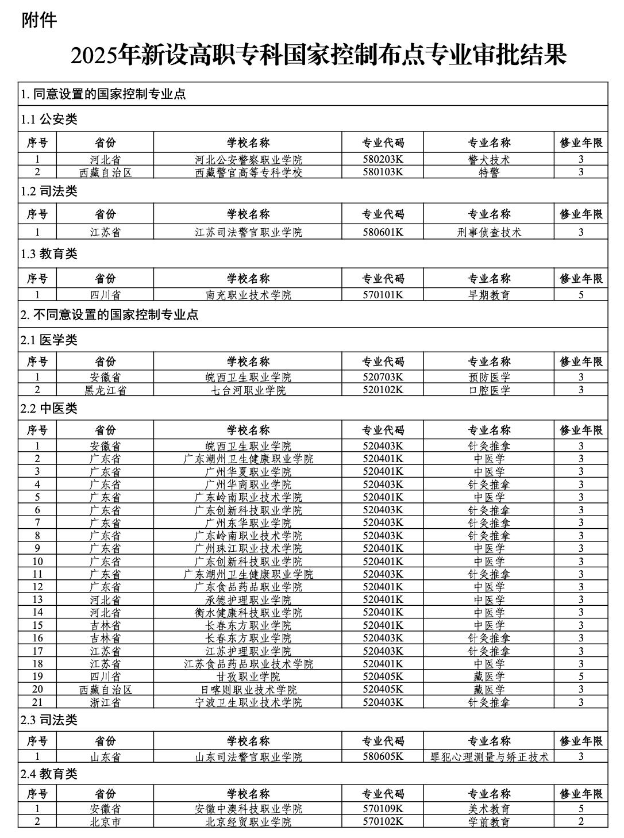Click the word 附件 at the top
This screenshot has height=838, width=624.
[x=40, y=21]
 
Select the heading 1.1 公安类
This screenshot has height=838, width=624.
[x=49, y=120]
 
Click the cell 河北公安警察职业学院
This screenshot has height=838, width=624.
[x=248, y=160]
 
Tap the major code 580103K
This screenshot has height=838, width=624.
[x=383, y=172]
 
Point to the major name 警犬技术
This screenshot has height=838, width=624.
[x=489, y=160]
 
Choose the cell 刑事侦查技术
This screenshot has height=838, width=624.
[x=489, y=232]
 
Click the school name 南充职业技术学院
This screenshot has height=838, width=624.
[x=248, y=295]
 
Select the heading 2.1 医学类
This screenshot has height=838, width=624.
[x=49, y=340]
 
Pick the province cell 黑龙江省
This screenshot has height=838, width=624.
[x=105, y=390]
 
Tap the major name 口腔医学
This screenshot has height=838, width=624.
[x=489, y=390]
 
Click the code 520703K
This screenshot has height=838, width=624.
[x=383, y=378]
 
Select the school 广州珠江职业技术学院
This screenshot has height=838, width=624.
[x=248, y=548]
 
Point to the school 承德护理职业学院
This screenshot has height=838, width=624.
[x=248, y=599]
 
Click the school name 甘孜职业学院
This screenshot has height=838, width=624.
[x=248, y=676]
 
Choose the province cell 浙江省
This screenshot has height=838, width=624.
[x=105, y=702]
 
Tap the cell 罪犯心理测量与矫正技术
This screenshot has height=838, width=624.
[x=489, y=757]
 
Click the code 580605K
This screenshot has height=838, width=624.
[x=383, y=757]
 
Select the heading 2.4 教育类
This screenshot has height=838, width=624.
[x=49, y=774]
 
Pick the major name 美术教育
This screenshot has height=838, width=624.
[x=489, y=809]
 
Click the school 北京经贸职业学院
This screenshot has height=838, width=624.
[x=248, y=822]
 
